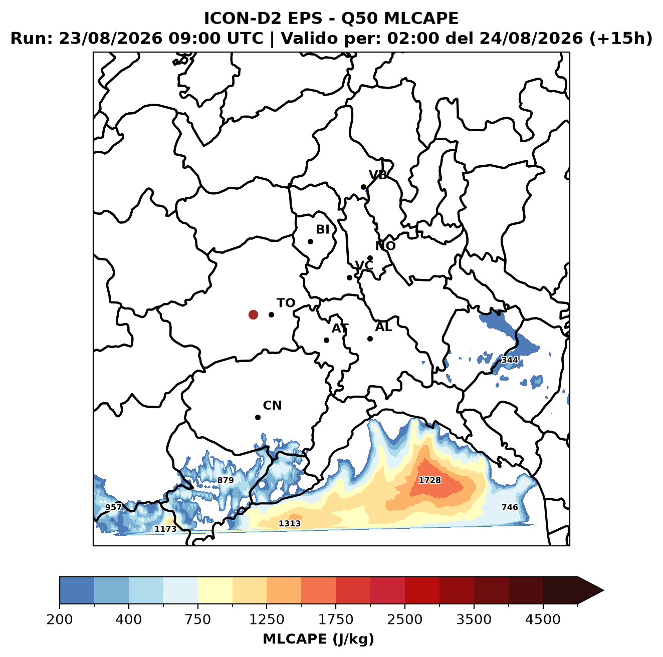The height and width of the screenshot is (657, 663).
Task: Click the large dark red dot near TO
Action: (x=253, y=314)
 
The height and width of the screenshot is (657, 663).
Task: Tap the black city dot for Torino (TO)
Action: (x=271, y=314)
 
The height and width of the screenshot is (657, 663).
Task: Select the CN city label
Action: (x=272, y=406)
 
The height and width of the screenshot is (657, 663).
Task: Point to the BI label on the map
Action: (x=322, y=229)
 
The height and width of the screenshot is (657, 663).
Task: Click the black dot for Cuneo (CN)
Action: (x=258, y=417)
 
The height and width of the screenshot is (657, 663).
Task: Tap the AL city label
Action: (x=383, y=327)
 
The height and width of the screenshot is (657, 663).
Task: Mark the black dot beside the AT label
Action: (x=326, y=341)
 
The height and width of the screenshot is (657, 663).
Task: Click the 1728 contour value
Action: (x=429, y=480)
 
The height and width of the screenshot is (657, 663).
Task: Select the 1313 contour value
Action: (x=289, y=524)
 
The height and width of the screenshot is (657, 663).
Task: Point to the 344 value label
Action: (x=510, y=360)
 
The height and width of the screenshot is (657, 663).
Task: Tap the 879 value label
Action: (x=226, y=480)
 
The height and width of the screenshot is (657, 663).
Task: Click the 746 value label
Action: (x=510, y=507)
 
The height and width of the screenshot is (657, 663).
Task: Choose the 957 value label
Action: (x=113, y=507)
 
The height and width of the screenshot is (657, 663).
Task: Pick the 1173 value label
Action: (x=165, y=529)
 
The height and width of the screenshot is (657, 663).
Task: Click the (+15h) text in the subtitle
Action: (x=620, y=38)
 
